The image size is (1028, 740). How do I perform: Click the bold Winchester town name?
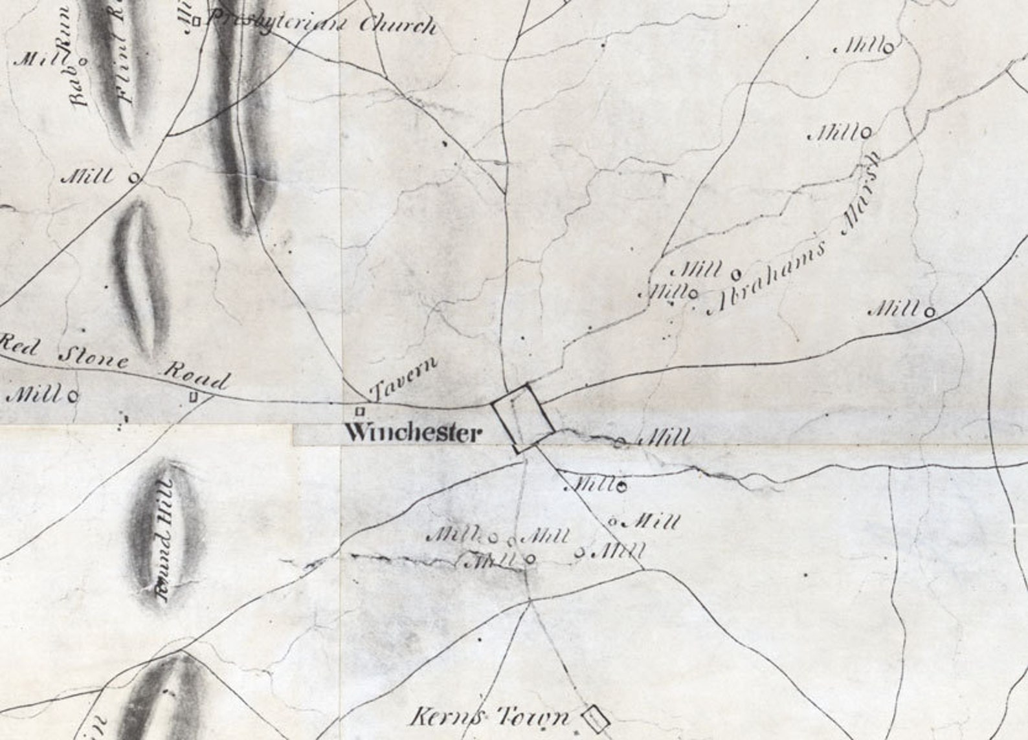tap(413, 432)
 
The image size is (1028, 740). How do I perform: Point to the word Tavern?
tap(404, 378)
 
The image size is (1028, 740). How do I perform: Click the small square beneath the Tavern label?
tap(361, 411)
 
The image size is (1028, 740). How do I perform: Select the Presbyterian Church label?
tap(321, 24)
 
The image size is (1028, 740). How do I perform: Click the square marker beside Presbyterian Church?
tap(196, 21)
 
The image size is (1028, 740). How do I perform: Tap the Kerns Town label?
tap(491, 716)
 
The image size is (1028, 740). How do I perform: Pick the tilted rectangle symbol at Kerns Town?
tap(596, 717)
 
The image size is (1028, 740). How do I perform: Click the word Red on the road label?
tap(19, 343)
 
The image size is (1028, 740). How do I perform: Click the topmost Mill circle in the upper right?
tap(889, 47)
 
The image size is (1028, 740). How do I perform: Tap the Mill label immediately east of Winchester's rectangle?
tap(664, 439)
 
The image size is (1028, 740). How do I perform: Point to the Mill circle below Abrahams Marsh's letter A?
tap(693, 294)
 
